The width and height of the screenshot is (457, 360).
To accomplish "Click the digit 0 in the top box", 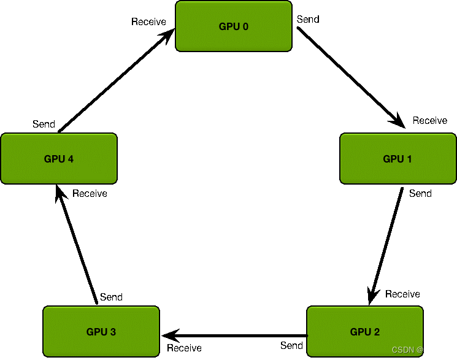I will tap(245, 26).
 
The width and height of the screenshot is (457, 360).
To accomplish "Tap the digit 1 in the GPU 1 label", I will tap(409, 159).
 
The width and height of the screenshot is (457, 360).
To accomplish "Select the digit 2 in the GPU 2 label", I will tap(377, 332).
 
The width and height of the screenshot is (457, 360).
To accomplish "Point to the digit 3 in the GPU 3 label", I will tap(113, 332).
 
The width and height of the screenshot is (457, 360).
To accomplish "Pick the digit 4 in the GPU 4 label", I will tap(71, 159).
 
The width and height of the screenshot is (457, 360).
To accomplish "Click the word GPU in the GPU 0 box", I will tap(229, 26).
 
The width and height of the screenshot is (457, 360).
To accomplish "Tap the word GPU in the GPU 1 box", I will tap(393, 159).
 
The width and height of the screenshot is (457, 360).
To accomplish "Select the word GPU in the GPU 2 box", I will tap(361, 332).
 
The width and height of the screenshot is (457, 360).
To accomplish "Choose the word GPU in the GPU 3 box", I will tap(97, 332).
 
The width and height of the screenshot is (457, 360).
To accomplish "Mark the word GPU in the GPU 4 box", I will tap(55, 159).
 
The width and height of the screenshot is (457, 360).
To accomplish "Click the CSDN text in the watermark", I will tap(403, 350).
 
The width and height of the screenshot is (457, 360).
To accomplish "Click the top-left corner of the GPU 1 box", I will tap(342, 135).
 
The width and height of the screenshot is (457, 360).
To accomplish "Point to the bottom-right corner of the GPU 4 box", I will tap(115, 182).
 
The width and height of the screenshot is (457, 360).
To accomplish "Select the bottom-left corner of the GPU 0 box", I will tap(177, 50).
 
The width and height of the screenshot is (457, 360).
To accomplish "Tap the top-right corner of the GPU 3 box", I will tap(158, 308).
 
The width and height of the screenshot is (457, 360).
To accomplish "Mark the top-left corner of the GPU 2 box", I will tap(309, 308).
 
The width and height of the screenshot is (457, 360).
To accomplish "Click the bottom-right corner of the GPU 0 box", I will tap(290, 50).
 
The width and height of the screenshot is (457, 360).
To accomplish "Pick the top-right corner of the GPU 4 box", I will tap(115, 135).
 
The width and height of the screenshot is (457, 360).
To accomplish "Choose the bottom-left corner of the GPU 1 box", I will tap(342, 182).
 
